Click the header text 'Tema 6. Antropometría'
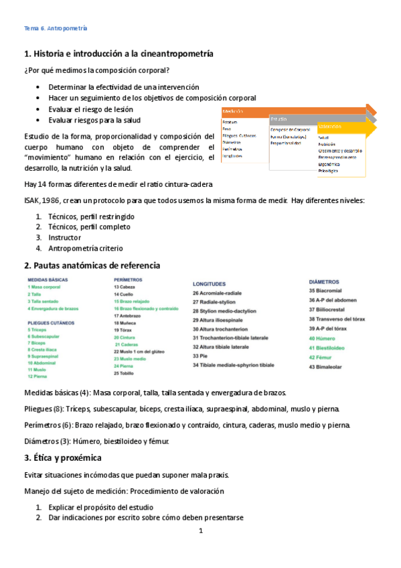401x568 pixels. (56, 29)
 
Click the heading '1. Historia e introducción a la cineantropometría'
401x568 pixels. (118, 54)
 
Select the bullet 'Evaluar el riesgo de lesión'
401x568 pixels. (90, 109)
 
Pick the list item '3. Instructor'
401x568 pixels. (64, 238)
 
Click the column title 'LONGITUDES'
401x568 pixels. (209, 284)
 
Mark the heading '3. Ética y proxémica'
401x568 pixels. (62, 458)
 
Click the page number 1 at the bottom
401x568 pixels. (200, 532)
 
